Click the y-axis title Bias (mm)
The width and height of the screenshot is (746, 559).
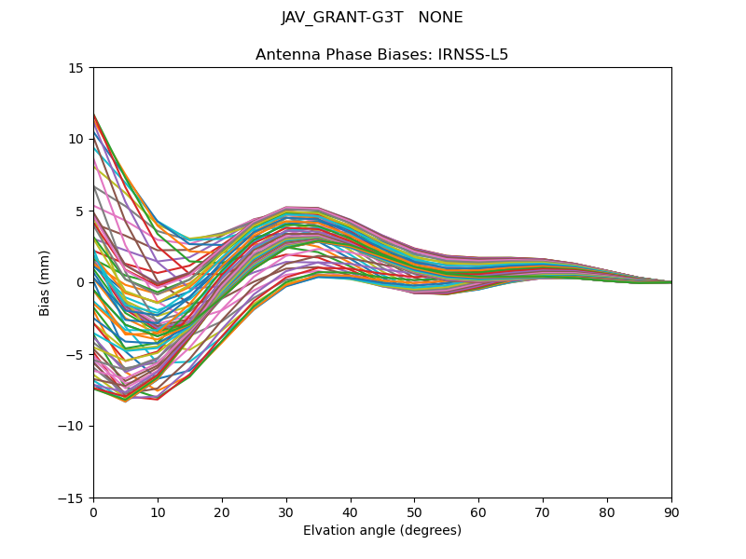pyautogui.click(x=45, y=282)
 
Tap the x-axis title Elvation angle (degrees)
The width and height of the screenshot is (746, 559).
pyautogui.click(x=382, y=530)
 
